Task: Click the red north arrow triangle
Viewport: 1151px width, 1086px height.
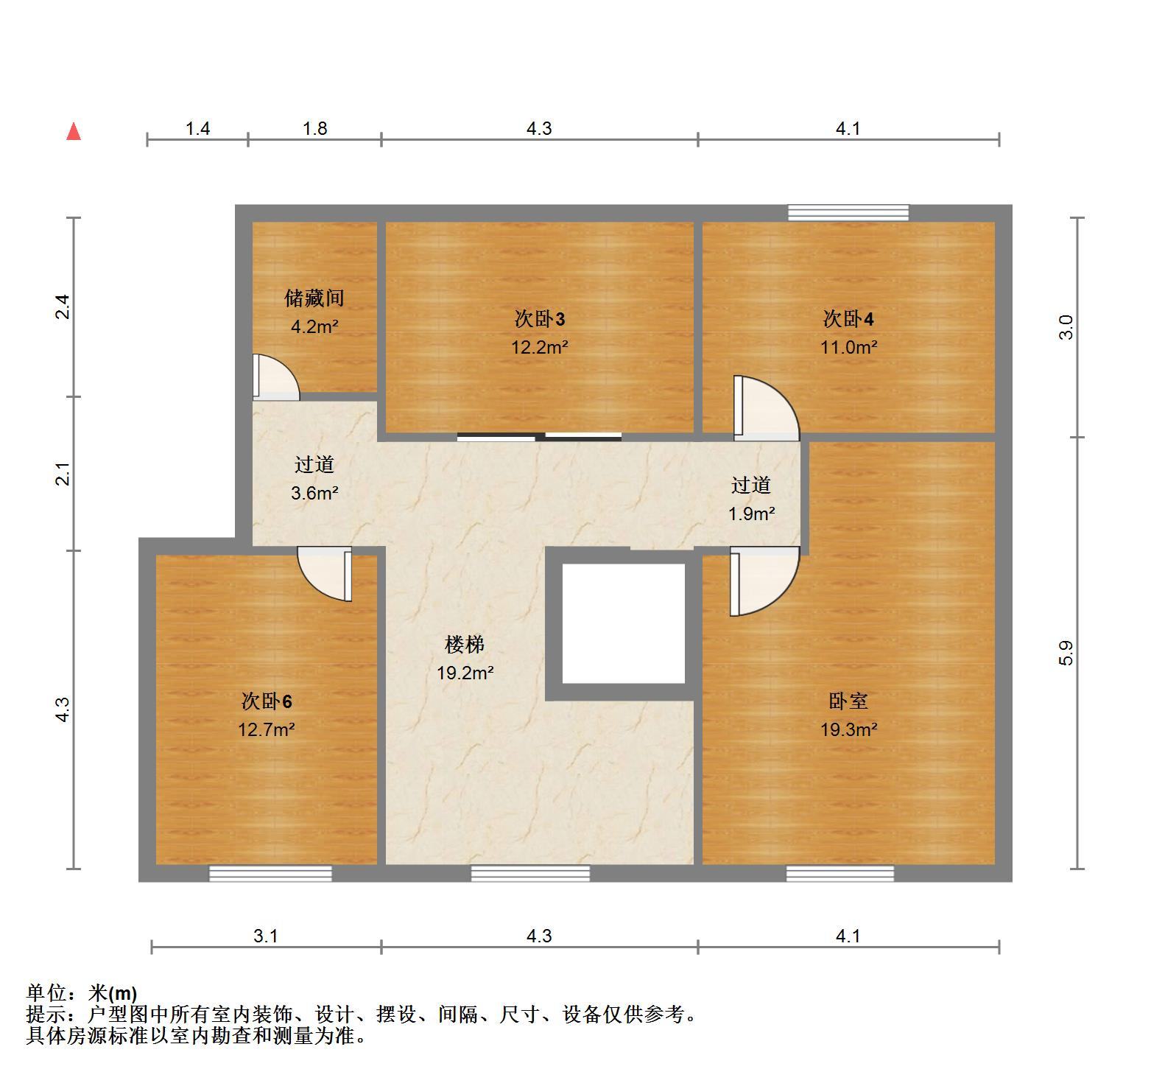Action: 74,131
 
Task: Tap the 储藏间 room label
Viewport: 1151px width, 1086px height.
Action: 314,298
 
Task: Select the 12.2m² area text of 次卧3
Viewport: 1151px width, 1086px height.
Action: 540,347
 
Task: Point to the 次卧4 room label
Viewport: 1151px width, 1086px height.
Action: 848,319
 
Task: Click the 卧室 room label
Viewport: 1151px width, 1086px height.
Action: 848,701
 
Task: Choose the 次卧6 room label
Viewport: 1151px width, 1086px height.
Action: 267,701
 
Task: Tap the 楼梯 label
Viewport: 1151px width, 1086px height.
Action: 465,645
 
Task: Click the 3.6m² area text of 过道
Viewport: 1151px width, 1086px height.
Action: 314,494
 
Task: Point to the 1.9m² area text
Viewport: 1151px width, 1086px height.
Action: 751,514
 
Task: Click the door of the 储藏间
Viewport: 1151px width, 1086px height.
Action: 274,378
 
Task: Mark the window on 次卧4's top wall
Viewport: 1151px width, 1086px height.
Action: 848,213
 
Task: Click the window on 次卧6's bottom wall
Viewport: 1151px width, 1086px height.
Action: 270,874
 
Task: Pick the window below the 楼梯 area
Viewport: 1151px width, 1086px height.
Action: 530,874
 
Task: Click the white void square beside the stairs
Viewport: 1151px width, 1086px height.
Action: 623,623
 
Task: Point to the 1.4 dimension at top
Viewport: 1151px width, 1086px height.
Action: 198,129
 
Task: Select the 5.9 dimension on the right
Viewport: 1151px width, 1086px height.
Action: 1066,653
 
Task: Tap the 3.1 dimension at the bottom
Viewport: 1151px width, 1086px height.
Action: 266,936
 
